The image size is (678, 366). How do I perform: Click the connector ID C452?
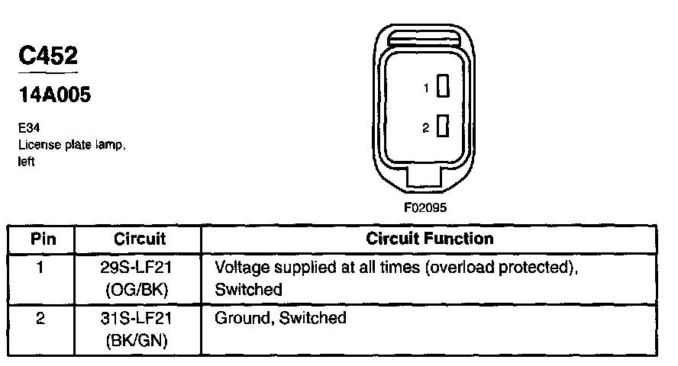[x=47, y=56]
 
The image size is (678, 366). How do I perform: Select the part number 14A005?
[x=54, y=95]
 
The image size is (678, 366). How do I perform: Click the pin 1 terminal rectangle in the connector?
[x=442, y=88]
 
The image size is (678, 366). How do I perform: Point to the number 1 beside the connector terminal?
[x=427, y=89]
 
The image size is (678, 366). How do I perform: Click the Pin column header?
[x=40, y=239]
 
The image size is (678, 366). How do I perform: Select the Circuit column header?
[x=139, y=239]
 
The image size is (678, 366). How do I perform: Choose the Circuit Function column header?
[x=430, y=239]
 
